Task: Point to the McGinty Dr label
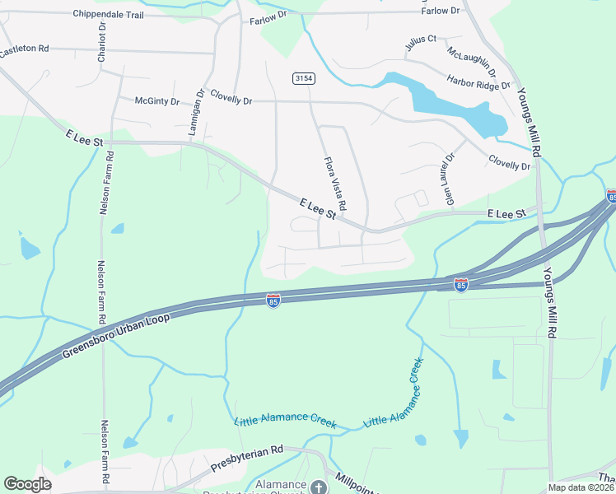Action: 157,100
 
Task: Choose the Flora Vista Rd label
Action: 335,182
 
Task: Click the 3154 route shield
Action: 303,77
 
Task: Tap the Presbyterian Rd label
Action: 246,458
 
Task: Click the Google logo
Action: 27,484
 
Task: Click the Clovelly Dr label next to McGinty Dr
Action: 231,97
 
